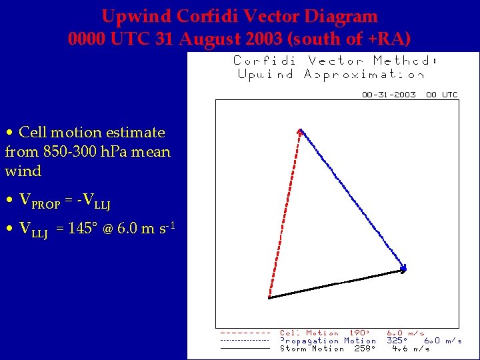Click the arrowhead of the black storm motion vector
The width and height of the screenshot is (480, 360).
tap(403, 269)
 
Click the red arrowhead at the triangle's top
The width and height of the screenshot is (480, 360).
tap(301, 132)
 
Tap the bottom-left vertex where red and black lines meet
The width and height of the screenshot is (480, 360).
tap(269, 297)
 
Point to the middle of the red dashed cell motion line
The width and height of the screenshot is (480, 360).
tap(285, 215)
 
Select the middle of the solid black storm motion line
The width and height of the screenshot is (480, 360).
tap(336, 283)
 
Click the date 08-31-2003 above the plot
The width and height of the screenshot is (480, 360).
tap(389, 95)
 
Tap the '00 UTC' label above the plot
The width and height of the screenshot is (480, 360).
tap(442, 95)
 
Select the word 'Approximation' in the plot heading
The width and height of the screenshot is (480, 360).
tap(365, 74)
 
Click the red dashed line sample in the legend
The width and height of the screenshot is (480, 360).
tap(245, 333)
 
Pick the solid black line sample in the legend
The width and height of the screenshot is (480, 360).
tap(245, 348)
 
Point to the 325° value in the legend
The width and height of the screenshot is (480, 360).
tap(398, 341)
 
